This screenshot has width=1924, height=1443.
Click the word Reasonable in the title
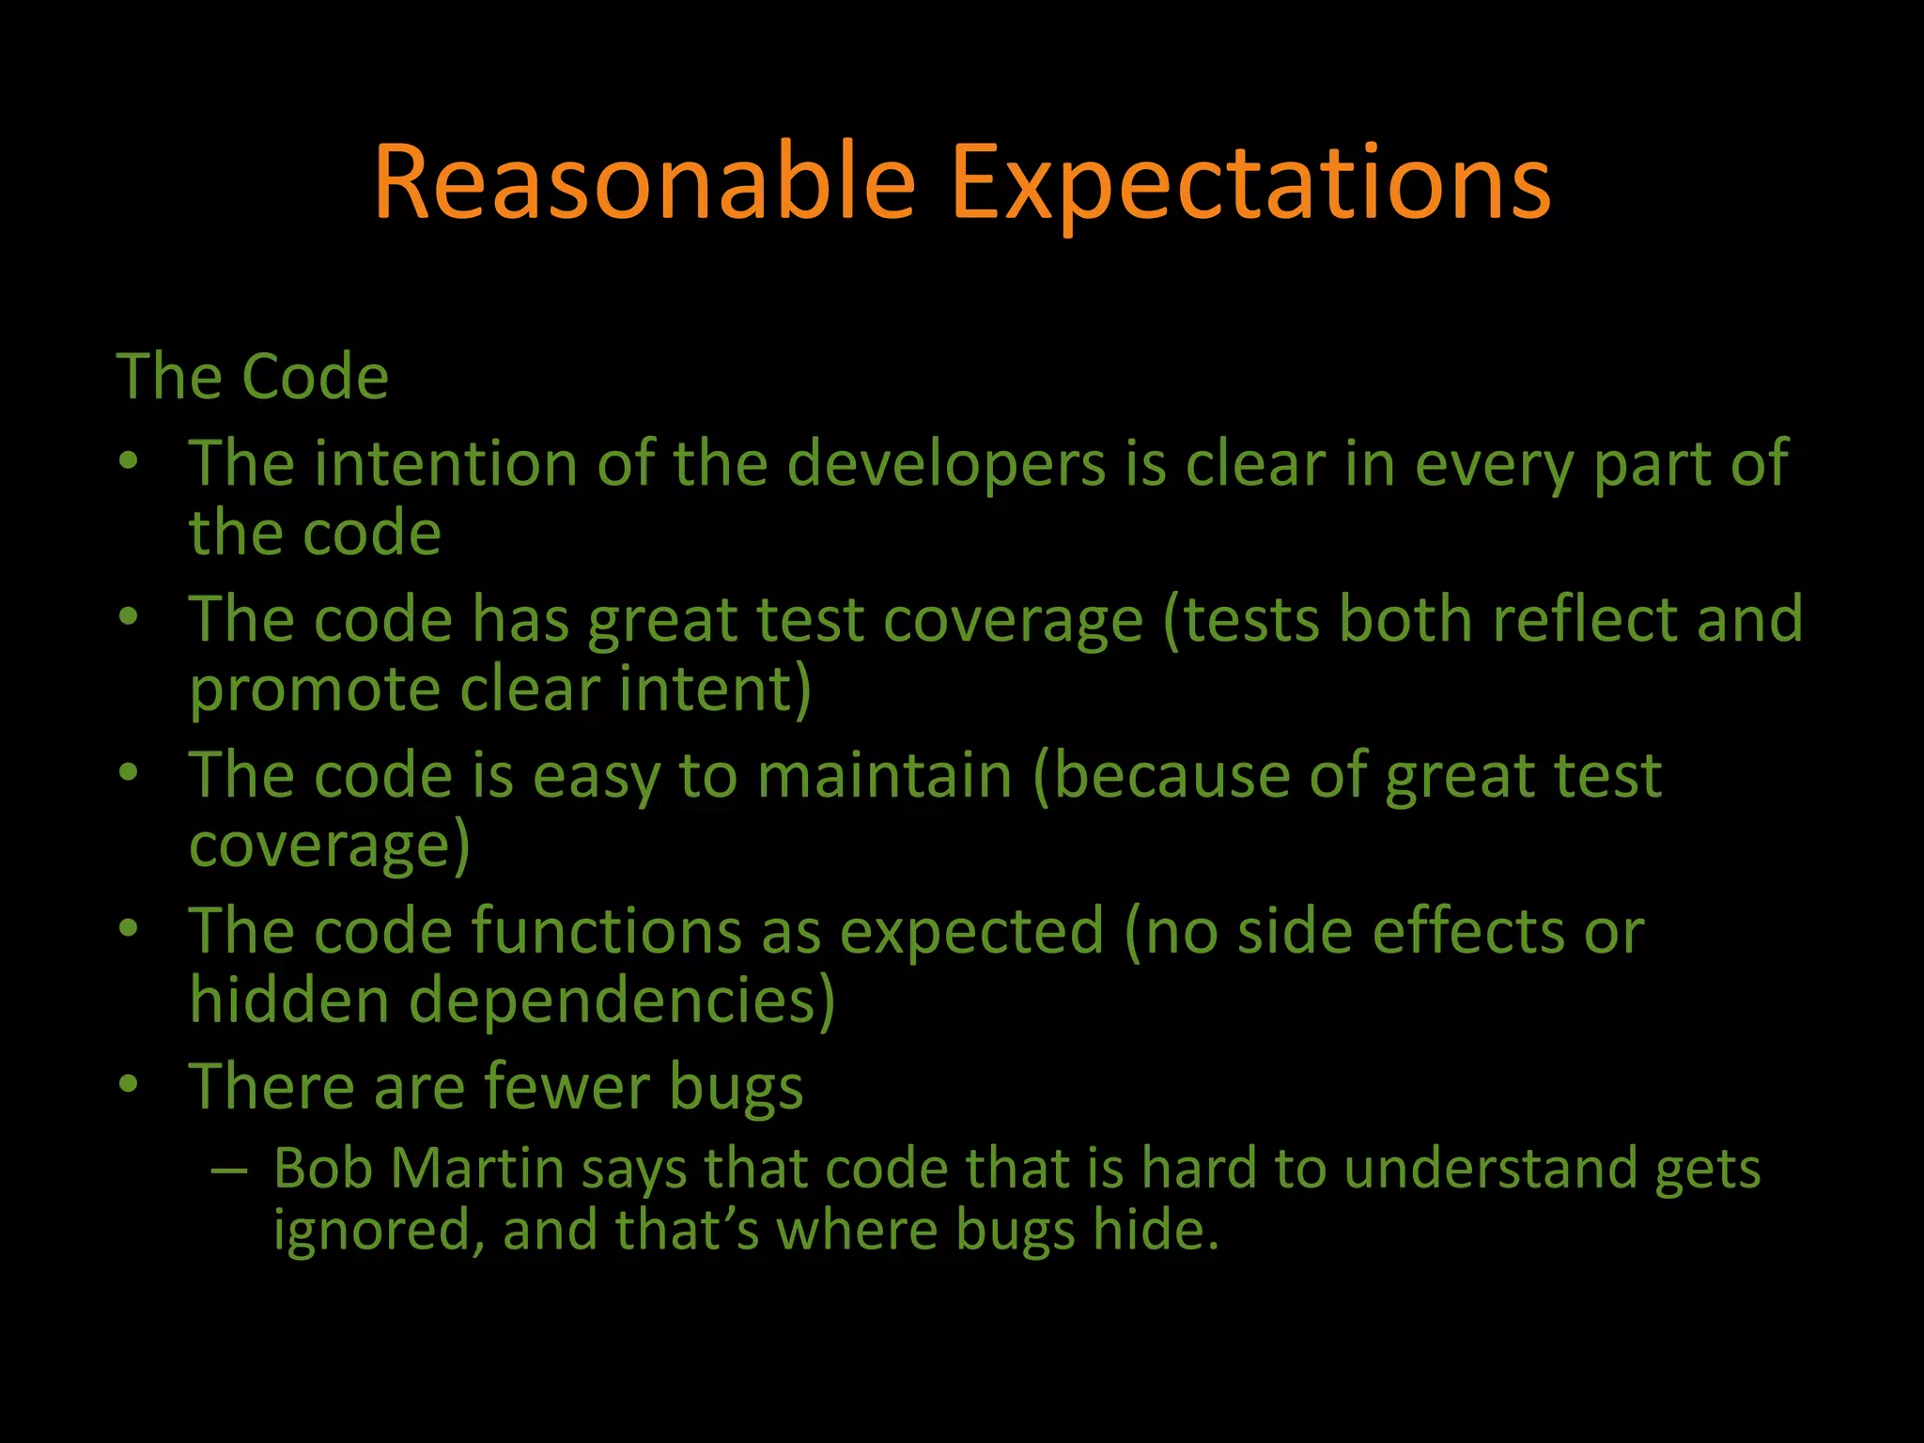644,183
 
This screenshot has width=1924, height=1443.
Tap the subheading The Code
252,377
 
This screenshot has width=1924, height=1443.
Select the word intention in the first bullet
445,464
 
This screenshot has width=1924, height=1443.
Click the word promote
315,690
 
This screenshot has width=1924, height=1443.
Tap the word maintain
884,777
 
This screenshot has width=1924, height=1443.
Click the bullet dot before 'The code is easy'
129,772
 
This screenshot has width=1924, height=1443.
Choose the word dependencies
611,1001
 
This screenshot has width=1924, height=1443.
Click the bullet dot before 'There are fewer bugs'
129,1083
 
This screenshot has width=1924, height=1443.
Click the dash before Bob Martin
229,1171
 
